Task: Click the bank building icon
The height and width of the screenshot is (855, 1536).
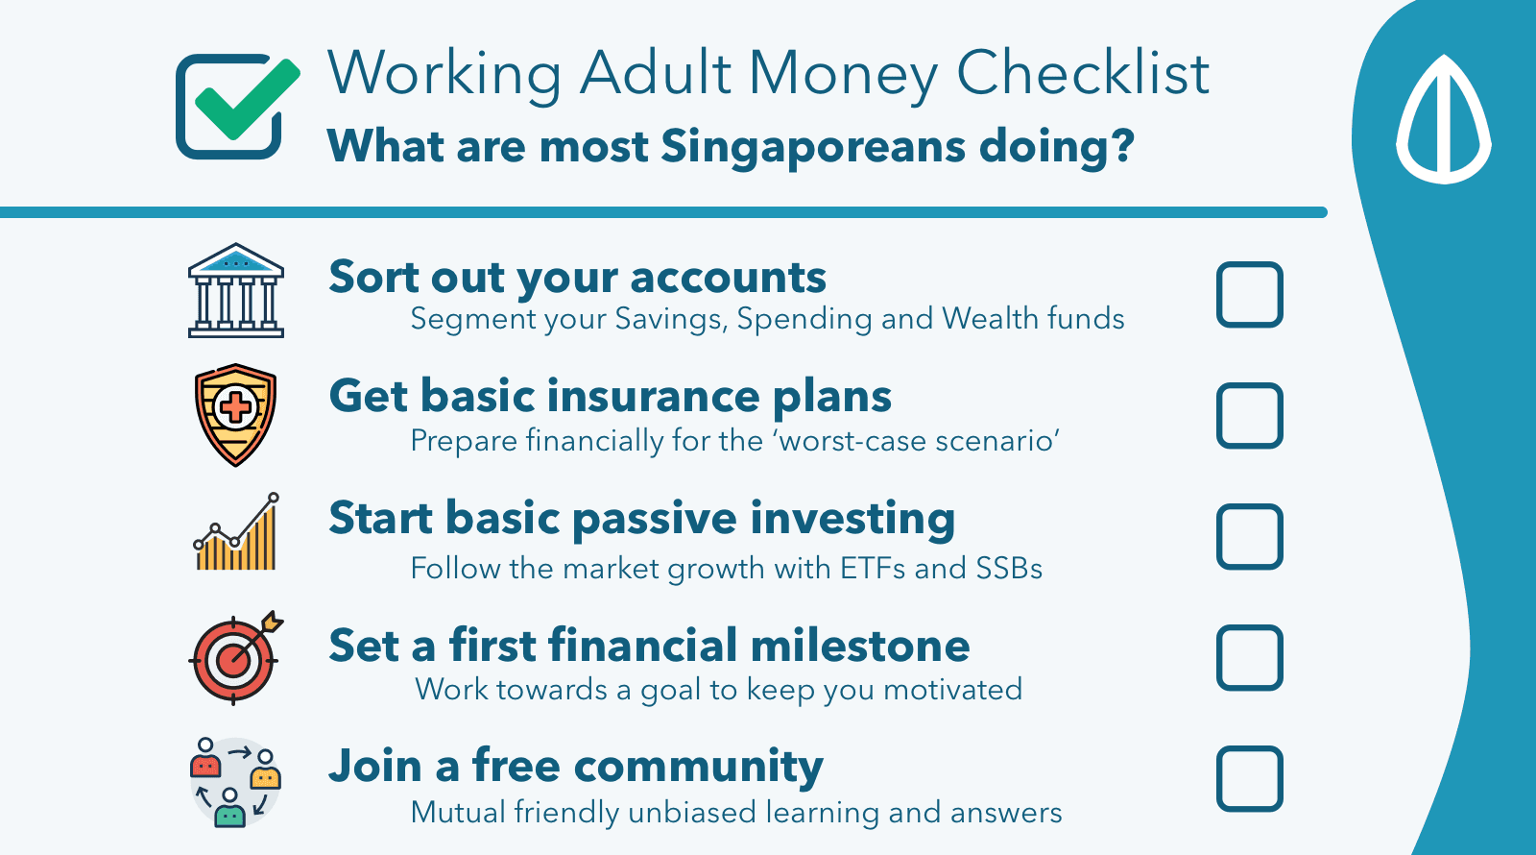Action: point(236,290)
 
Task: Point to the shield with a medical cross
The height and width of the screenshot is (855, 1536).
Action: point(235,415)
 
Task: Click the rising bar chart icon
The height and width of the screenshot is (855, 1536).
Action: point(236,531)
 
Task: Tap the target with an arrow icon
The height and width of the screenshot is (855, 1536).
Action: point(235,657)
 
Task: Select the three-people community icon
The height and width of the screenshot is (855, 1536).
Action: point(235,782)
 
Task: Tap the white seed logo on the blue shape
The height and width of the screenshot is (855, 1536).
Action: point(1444,119)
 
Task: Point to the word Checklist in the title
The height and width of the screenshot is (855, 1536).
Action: point(1083,73)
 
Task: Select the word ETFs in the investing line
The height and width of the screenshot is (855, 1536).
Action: point(873,569)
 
